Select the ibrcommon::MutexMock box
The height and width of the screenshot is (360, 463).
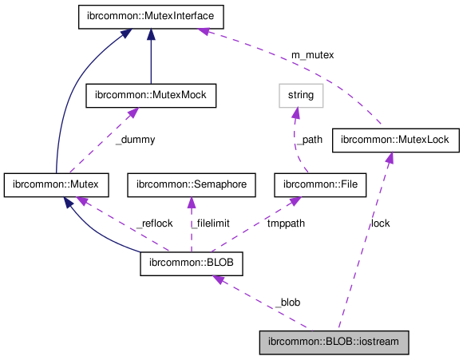click(x=152, y=95)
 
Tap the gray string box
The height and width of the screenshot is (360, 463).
click(x=301, y=96)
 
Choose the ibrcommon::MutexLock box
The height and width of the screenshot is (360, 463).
click(x=394, y=140)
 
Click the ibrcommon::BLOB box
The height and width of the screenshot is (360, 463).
click(x=191, y=263)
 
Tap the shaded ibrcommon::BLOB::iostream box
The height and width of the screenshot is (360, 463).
click(x=334, y=342)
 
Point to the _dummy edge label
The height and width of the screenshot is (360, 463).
click(x=134, y=139)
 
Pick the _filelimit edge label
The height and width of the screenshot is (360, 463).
click(x=216, y=224)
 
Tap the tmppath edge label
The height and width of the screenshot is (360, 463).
click(x=285, y=224)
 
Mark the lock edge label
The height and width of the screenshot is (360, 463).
click(x=380, y=224)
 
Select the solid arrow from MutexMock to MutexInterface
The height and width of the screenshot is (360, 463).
click(x=151, y=56)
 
